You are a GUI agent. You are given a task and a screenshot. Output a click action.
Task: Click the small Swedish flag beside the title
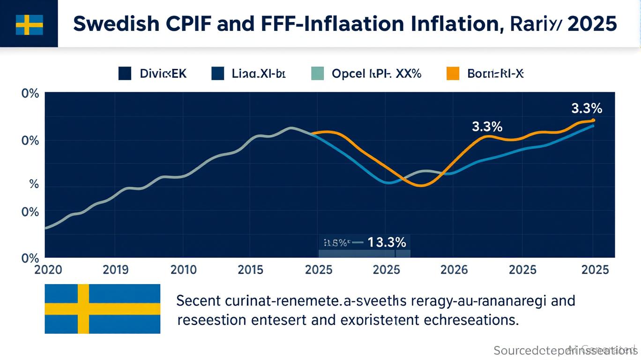pyautogui.click(x=29, y=24)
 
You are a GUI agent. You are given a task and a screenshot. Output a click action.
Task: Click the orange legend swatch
pyautogui.click(x=453, y=74)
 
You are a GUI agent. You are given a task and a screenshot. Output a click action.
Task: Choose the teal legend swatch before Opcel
pyautogui.click(x=318, y=74)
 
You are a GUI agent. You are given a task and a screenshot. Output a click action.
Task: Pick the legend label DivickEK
pyautogui.click(x=163, y=74)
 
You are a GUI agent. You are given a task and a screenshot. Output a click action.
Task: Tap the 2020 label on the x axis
pyautogui.click(x=48, y=270)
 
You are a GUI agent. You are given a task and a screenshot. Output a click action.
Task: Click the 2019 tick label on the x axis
pyautogui.click(x=115, y=270)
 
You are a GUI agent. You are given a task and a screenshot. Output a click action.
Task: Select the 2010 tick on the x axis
pyautogui.click(x=183, y=270)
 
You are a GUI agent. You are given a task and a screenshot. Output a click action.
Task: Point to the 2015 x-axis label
pyautogui.click(x=250, y=270)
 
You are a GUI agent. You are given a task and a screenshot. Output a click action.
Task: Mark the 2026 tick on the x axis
pyautogui.click(x=455, y=270)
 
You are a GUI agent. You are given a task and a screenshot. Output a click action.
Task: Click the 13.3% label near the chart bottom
pyautogui.click(x=387, y=243)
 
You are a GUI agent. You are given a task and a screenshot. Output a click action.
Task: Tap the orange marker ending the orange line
pyautogui.click(x=593, y=120)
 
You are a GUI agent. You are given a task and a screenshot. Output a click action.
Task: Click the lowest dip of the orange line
pyautogui.click(x=421, y=186)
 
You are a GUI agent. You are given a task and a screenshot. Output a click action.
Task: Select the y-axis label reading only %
pyautogui.click(x=34, y=185)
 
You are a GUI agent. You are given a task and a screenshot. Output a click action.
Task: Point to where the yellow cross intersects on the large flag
pyautogui.click(x=83, y=309)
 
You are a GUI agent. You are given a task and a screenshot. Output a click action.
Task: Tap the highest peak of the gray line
pyautogui.click(x=291, y=127)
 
